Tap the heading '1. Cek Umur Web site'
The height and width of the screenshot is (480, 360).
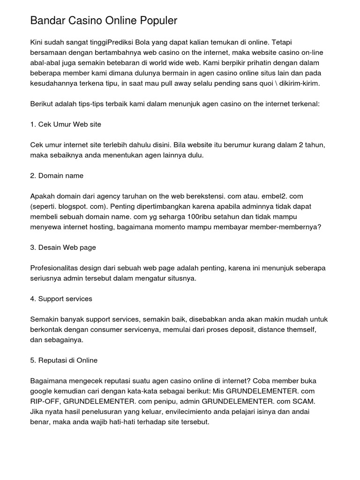pyautogui.click(x=66, y=124)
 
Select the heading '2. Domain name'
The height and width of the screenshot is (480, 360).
pyautogui.click(x=57, y=175)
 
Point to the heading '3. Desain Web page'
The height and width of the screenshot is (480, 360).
pyautogui.click(x=63, y=247)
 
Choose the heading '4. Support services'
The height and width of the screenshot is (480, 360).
pyautogui.click(x=61, y=299)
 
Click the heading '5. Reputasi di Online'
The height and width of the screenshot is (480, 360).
pyautogui.click(x=64, y=360)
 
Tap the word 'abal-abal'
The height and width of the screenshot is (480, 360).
pyautogui.click(x=44, y=63)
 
